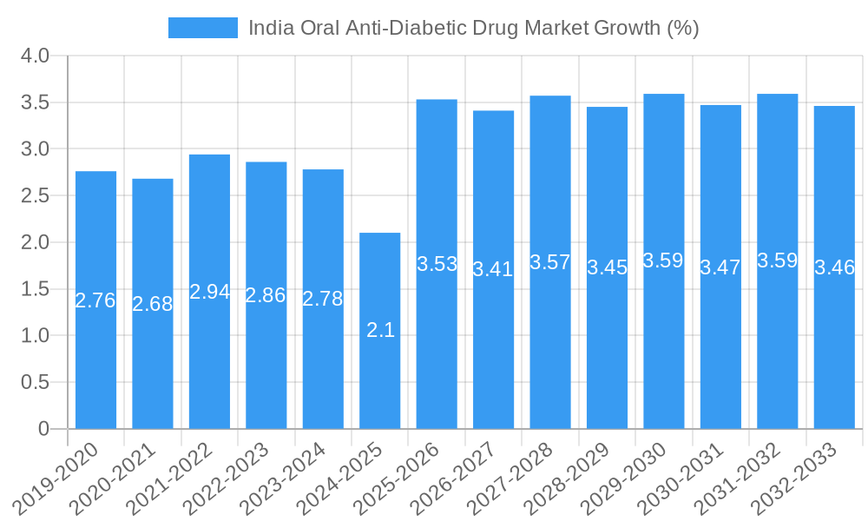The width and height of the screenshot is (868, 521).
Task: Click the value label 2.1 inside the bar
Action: pyautogui.click(x=380, y=330)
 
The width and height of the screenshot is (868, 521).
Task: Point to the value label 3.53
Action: pyautogui.click(x=437, y=264)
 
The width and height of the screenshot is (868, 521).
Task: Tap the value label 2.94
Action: pyautogui.click(x=209, y=292)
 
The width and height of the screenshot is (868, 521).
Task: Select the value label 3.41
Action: pyautogui.click(x=493, y=269)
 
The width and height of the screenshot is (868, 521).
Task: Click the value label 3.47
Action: pyautogui.click(x=720, y=267)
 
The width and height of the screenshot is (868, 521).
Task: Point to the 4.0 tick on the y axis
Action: pyautogui.click(x=35, y=56)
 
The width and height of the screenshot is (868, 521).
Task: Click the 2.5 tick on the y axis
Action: pyautogui.click(x=35, y=196)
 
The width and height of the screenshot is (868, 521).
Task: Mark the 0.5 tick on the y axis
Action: pyautogui.click(x=35, y=382)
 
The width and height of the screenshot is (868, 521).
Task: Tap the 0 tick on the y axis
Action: pyautogui.click(x=44, y=429)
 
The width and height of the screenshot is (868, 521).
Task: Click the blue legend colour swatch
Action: pyautogui.click(x=202, y=28)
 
